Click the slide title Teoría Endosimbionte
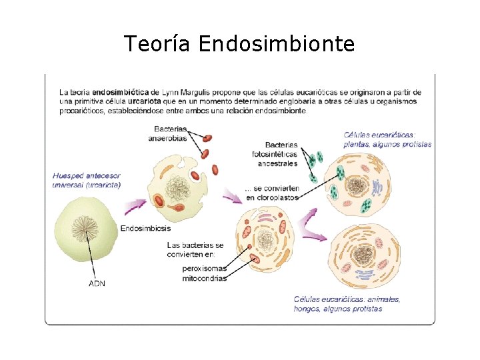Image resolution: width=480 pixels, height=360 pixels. [239, 44]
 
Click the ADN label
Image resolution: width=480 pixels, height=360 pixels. [97, 283]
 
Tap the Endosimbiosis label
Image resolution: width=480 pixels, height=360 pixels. [145, 229]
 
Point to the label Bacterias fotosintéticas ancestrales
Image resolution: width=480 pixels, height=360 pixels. [275, 154]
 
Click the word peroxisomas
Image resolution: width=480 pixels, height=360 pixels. [204, 269]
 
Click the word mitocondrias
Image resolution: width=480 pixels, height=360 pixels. [204, 278]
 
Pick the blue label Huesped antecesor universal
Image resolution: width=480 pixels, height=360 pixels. [87, 180]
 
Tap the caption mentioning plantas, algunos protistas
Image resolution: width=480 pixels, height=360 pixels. [387, 139]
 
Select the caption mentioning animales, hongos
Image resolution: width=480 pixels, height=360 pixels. [347, 304]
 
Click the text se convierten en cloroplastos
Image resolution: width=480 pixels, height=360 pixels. [272, 193]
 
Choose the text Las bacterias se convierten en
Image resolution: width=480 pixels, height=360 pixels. [195, 249]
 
